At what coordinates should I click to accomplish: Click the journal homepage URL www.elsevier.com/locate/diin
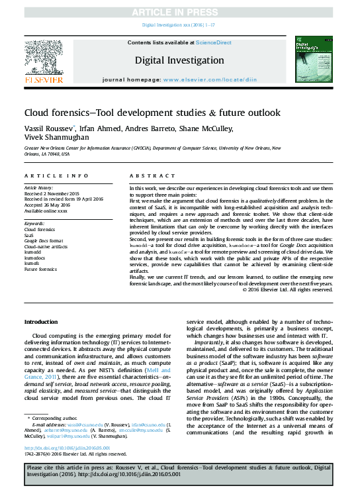pyautogui.click(x=209, y=79)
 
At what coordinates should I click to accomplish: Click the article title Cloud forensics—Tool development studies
pyautogui.click(x=152, y=112)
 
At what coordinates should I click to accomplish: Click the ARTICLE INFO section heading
pyautogui.click(x=56, y=175)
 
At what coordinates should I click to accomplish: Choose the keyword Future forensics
pyautogui.click(x=40, y=270)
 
